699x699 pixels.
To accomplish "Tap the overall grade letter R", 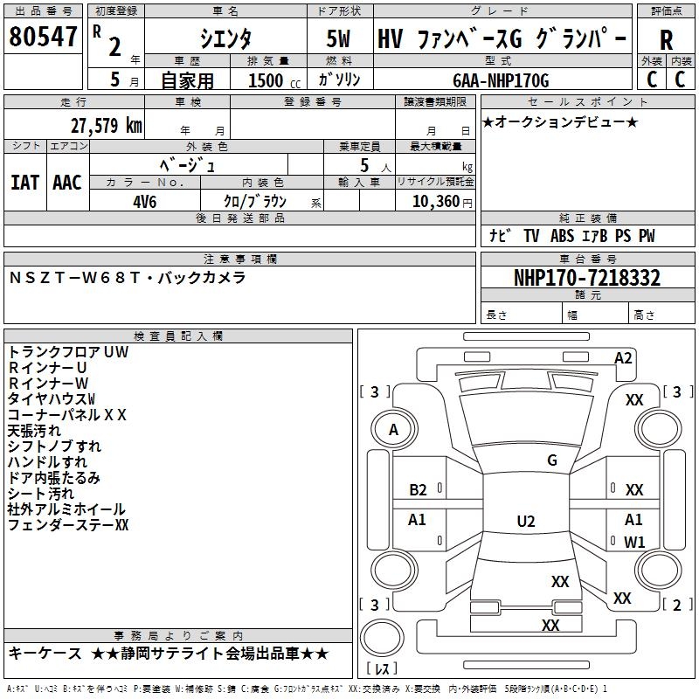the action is pos(666,39).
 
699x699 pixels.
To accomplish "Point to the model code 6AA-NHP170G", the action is pos(501,80).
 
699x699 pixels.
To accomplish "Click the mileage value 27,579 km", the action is pos(105,125).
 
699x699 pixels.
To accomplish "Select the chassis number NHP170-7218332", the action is pos(586,279).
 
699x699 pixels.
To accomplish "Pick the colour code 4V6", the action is pos(145,200).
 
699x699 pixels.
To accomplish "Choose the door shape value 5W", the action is pos(339,39).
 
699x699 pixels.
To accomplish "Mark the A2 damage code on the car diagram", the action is pos(623,357).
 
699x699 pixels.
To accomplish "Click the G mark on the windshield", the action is pos(551,460).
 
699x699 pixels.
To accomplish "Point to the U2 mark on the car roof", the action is pos(525,522).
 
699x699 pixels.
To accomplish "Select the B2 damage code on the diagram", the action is pos(419,490).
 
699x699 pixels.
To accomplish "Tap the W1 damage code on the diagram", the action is pos(634,542).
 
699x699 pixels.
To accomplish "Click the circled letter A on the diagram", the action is pos(393,429).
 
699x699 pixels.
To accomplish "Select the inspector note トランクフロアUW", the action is pos(68,352).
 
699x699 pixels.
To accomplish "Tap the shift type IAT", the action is pos(25,183).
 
